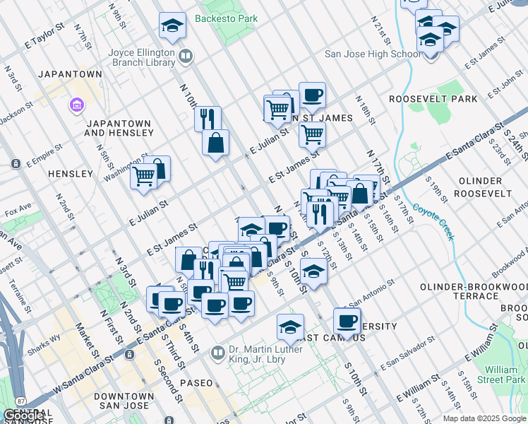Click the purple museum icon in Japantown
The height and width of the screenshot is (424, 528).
(x=76, y=106)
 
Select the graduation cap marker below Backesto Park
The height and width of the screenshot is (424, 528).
(x=172, y=26)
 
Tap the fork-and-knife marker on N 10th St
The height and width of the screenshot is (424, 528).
(x=208, y=118)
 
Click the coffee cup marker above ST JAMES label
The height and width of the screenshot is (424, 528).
(x=312, y=95)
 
